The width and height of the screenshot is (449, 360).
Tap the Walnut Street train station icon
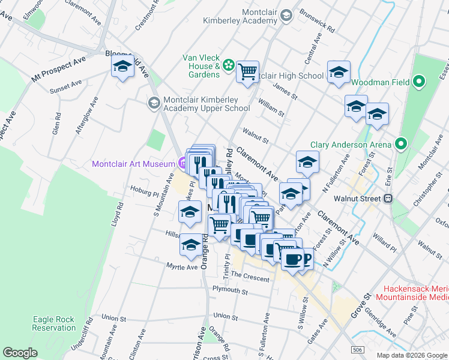[389, 198]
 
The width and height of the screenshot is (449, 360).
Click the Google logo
[20, 353]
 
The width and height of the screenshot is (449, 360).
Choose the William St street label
[271, 109]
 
